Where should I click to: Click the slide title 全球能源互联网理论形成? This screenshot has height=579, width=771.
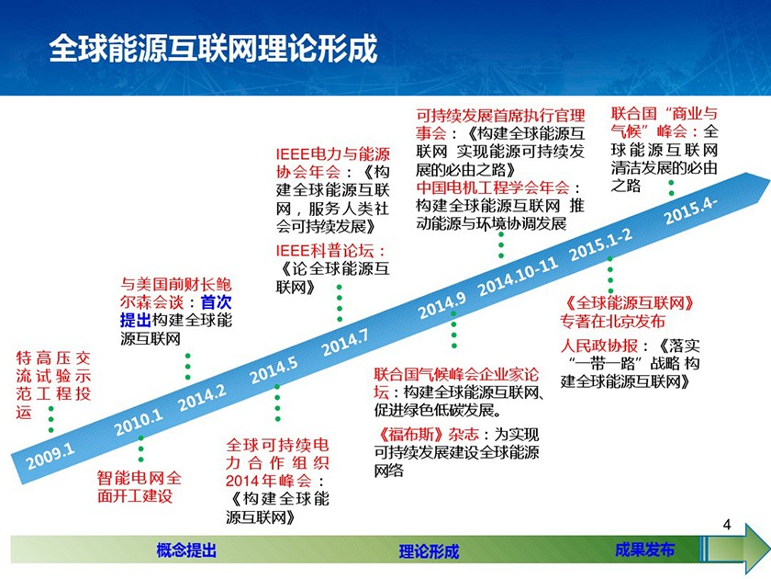[x=213, y=49]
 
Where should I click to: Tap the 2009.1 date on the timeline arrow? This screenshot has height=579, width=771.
[x=50, y=456]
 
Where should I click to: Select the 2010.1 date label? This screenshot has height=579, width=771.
[x=139, y=423]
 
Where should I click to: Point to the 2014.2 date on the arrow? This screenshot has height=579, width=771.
[x=202, y=398]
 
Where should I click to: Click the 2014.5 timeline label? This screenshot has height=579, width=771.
[x=274, y=370]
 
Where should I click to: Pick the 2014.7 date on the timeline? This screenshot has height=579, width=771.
[x=345, y=342]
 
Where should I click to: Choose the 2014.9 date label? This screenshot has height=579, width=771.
[x=442, y=305]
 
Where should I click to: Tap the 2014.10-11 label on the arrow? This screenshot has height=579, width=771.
[x=519, y=277]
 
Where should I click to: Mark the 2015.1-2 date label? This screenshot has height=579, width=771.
[x=601, y=244]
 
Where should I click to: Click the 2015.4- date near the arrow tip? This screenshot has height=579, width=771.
[x=690, y=210]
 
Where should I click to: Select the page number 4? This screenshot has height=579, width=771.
[x=727, y=525]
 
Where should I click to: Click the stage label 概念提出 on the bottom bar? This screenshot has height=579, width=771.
[x=186, y=550]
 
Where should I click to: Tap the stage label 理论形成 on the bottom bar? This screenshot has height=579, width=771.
[x=429, y=551]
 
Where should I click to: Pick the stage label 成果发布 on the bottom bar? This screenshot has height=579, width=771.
[x=644, y=550]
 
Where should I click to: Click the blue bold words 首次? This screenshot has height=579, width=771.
[x=216, y=301]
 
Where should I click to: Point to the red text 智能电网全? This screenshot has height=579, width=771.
[x=140, y=478]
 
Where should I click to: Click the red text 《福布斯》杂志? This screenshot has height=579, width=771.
[x=427, y=434]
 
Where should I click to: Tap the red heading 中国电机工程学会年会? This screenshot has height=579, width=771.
[x=492, y=187]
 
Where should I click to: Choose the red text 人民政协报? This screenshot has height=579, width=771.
[x=598, y=346]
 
